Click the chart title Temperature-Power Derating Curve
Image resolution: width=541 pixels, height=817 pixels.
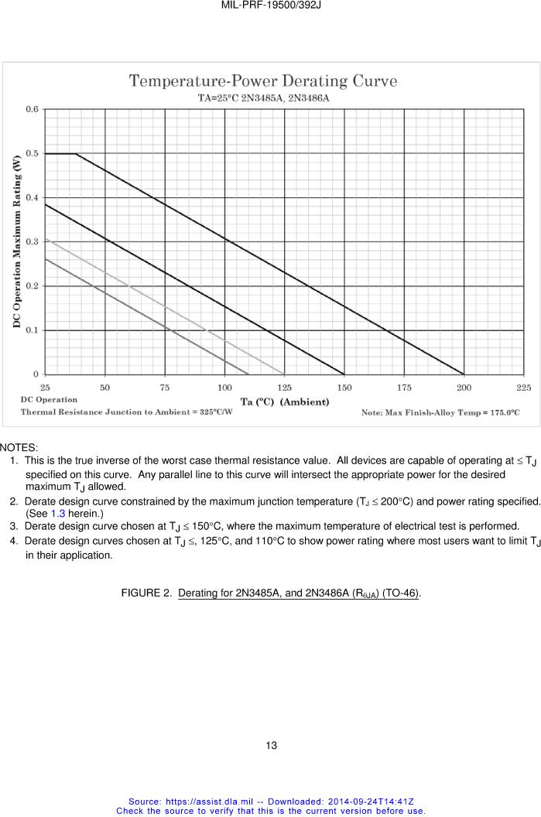pos(262,80)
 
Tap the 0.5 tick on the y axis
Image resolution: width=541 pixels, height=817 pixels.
pos(32,153)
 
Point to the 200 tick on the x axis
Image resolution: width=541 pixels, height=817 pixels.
pos(464,387)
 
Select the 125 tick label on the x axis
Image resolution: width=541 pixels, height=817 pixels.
pos(284,387)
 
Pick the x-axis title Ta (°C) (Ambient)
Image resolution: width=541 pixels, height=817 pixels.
pos(284,402)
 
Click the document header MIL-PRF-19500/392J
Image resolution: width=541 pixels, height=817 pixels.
pos(270,5)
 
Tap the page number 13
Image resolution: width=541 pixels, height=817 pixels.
pos(270,746)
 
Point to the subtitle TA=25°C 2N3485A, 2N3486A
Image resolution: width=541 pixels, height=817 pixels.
pos(263,98)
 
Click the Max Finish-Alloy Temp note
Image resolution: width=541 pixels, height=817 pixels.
pos(440,412)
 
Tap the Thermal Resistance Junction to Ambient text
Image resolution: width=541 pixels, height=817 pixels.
pos(126,412)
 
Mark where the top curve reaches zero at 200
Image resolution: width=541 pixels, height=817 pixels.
pos(464,374)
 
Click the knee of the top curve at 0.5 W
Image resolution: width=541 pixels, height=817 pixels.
pos(76,154)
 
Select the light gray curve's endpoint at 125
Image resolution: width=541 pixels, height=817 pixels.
pos(284,374)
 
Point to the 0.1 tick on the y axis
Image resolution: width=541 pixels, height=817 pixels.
pos(32,330)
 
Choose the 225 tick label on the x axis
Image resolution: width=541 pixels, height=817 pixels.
pos(523,387)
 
